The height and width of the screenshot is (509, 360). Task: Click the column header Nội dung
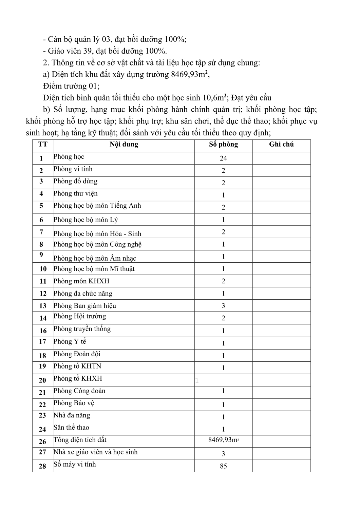(x=124, y=144)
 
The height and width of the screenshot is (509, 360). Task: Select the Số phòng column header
(x=223, y=144)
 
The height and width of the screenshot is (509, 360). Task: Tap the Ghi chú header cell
(x=281, y=144)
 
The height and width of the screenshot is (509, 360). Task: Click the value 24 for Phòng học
(x=223, y=158)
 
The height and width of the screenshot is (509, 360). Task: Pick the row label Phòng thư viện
(x=75, y=194)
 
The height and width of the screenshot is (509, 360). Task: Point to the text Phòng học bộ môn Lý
(x=86, y=220)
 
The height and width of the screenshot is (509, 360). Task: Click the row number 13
(x=43, y=306)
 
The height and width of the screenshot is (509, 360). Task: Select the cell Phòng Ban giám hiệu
(x=85, y=306)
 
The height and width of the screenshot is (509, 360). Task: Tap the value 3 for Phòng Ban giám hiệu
(x=223, y=306)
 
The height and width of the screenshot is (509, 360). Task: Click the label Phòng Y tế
(x=70, y=342)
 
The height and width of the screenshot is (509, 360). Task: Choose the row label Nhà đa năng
(x=72, y=415)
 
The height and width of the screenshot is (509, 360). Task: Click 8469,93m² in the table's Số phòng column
(x=223, y=440)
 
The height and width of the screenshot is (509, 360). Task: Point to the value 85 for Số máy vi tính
(x=223, y=466)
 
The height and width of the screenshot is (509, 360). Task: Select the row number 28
(x=42, y=466)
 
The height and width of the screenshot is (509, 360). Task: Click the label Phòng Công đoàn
(x=79, y=391)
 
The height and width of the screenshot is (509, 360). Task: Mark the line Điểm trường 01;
(x=72, y=86)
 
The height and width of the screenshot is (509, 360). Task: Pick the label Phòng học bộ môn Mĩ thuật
(x=94, y=269)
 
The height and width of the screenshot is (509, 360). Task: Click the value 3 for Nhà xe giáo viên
(x=223, y=454)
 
